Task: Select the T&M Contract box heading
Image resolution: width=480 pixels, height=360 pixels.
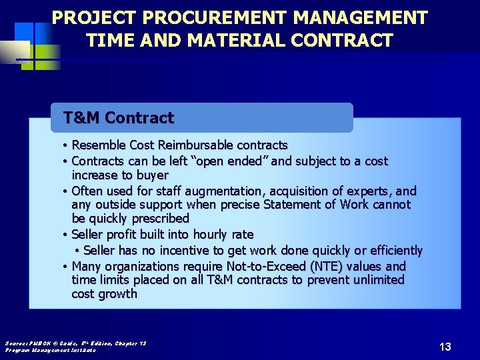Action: pos(119,118)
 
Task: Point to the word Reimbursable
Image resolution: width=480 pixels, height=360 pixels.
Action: pos(198,145)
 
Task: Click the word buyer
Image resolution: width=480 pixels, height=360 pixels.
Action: pos(151,175)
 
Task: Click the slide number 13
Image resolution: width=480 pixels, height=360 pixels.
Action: pos(445,347)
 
